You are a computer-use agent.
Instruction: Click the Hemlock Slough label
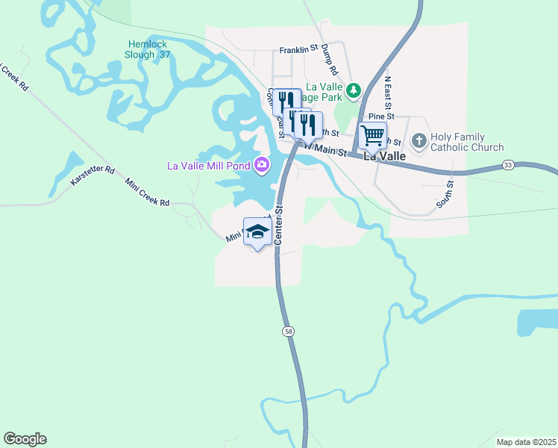click(x=150, y=49)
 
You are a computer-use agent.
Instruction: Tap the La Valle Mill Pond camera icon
click(x=262, y=164)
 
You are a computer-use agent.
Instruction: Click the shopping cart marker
click(x=372, y=137)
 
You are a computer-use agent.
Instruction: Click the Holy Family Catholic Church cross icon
click(x=419, y=140)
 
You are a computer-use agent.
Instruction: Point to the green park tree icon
click(x=354, y=90)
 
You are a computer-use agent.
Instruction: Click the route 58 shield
click(x=287, y=330)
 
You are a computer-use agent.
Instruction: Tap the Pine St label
click(x=380, y=116)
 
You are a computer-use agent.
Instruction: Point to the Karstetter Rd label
click(x=93, y=176)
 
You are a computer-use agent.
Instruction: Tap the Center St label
click(x=280, y=225)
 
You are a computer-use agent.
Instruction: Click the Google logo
click(x=25, y=439)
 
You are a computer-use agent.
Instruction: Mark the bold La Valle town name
click(x=384, y=157)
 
